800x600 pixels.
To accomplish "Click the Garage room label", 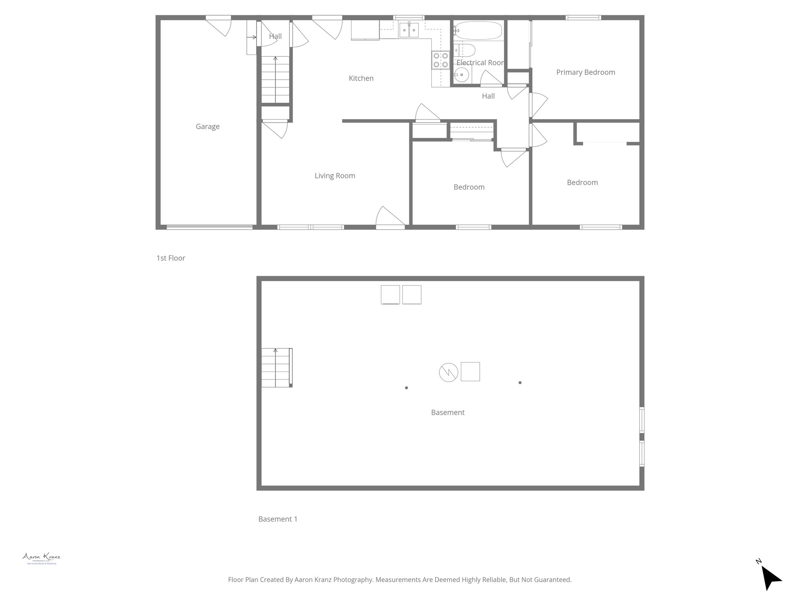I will coord(207,127).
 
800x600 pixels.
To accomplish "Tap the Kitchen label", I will coord(361,79).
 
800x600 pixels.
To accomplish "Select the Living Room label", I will coord(335,176).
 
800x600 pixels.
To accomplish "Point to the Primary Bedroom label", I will coord(585,72).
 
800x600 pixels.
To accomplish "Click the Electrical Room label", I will coord(480,62).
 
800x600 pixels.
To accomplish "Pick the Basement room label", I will coord(448,412).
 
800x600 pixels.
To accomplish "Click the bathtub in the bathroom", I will coord(478,30).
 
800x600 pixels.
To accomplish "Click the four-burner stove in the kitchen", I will coord(440,60).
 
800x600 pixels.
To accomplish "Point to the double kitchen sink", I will coord(409,30).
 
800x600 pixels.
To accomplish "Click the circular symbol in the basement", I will coord(448,372).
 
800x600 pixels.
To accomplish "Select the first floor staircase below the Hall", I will coord(275,80).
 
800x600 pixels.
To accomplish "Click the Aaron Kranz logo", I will coord(41,558).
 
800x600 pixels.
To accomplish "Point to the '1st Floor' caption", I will coord(171,258).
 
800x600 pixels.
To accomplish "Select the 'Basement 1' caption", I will coord(278,519).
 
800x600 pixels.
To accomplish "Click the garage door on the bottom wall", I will coord(209,227).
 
